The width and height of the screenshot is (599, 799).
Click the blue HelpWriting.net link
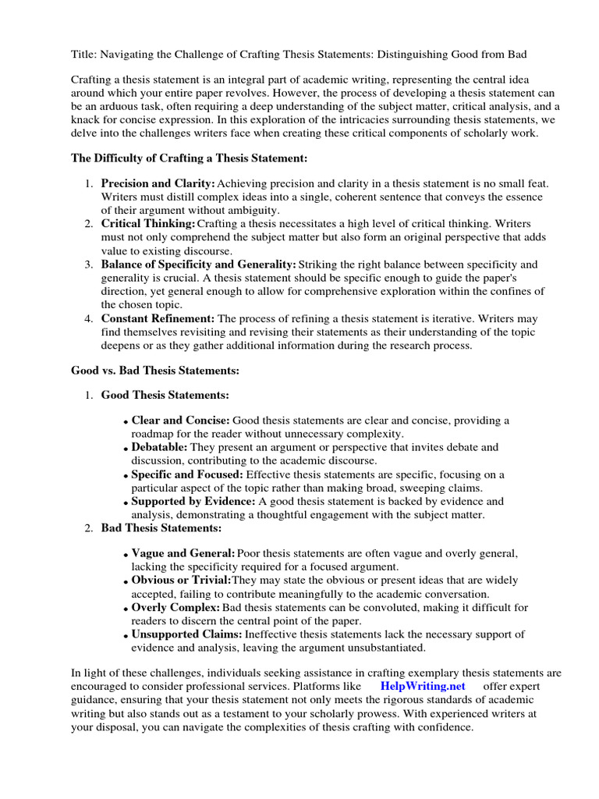[423, 686]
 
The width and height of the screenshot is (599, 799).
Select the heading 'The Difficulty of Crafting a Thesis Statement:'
[190, 158]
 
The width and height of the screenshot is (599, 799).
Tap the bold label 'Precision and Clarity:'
[158, 183]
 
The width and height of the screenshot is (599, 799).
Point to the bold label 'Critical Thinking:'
[147, 224]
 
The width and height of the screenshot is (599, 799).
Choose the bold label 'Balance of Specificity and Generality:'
[198, 265]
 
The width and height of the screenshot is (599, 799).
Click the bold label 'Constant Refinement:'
[158, 319]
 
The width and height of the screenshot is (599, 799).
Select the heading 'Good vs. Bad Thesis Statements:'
[155, 370]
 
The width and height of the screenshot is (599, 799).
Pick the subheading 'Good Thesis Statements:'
[165, 396]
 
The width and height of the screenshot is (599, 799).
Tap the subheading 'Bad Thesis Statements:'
[161, 528]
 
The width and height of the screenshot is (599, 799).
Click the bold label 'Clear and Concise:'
[180, 421]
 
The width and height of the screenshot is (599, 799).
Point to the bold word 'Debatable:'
[159, 448]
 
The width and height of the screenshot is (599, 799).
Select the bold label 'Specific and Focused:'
[187, 474]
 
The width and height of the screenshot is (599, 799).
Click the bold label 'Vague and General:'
[183, 553]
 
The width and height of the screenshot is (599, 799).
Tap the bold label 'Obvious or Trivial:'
[181, 581]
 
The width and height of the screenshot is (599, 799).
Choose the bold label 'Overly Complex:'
[175, 608]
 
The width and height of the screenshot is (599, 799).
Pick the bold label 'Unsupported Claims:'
[186, 634]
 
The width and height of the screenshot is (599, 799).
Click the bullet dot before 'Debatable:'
[126, 450]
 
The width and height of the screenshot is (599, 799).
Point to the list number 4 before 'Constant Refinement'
[88, 319]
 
